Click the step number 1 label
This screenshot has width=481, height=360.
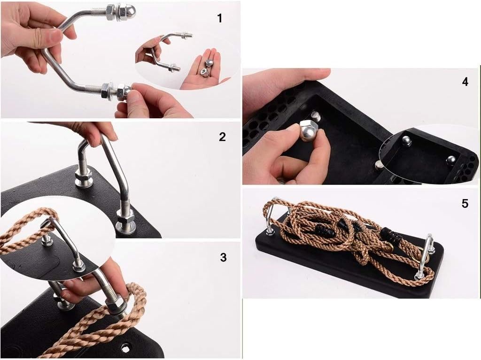(x=220, y=18)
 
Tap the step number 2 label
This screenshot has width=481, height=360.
(x=222, y=137)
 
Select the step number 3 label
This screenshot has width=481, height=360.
(x=223, y=257)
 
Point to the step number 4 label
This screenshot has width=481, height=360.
(x=465, y=82)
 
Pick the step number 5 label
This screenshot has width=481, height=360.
(x=465, y=204)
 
